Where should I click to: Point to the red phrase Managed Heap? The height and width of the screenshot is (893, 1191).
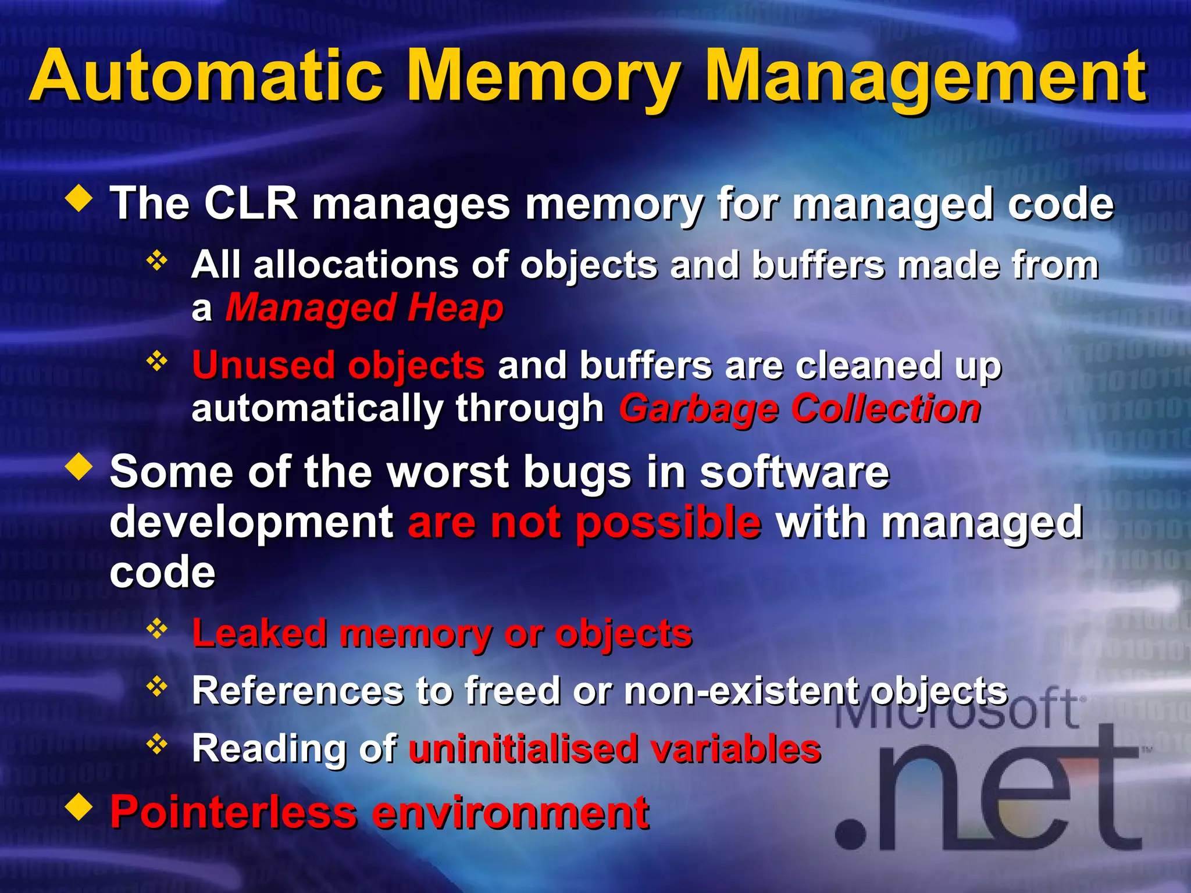pos(364,308)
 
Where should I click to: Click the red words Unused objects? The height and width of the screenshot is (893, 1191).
pos(338,366)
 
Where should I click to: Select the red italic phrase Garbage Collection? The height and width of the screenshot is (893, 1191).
pos(800,409)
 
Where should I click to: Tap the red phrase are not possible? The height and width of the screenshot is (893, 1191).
pos(584,523)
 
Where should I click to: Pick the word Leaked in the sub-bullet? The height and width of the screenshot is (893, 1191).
pos(259,633)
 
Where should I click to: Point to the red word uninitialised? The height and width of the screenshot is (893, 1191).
pos(523,748)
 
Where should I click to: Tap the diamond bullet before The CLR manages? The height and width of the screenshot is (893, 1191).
pos(80,198)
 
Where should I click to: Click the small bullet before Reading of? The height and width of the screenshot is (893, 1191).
pos(156,744)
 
